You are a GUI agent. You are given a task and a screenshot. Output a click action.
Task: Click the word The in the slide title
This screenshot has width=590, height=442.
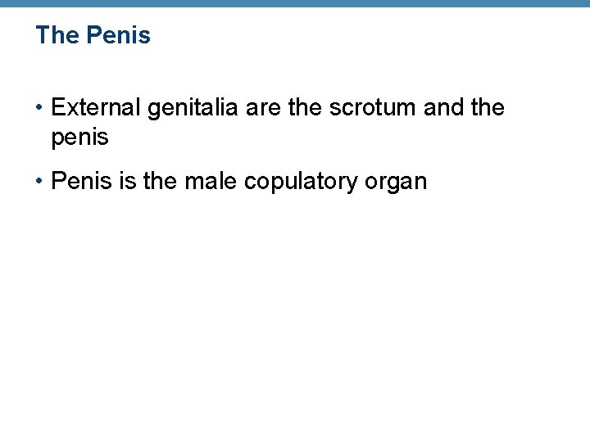pyautogui.click(x=57, y=36)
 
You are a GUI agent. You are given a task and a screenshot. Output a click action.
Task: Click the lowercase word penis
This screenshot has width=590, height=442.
pyautogui.click(x=79, y=138)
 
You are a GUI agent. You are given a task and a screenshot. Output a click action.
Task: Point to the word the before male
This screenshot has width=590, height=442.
pyautogui.click(x=161, y=181)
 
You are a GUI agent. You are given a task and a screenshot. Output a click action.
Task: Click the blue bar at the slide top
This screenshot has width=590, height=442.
pyautogui.click(x=295, y=4)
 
